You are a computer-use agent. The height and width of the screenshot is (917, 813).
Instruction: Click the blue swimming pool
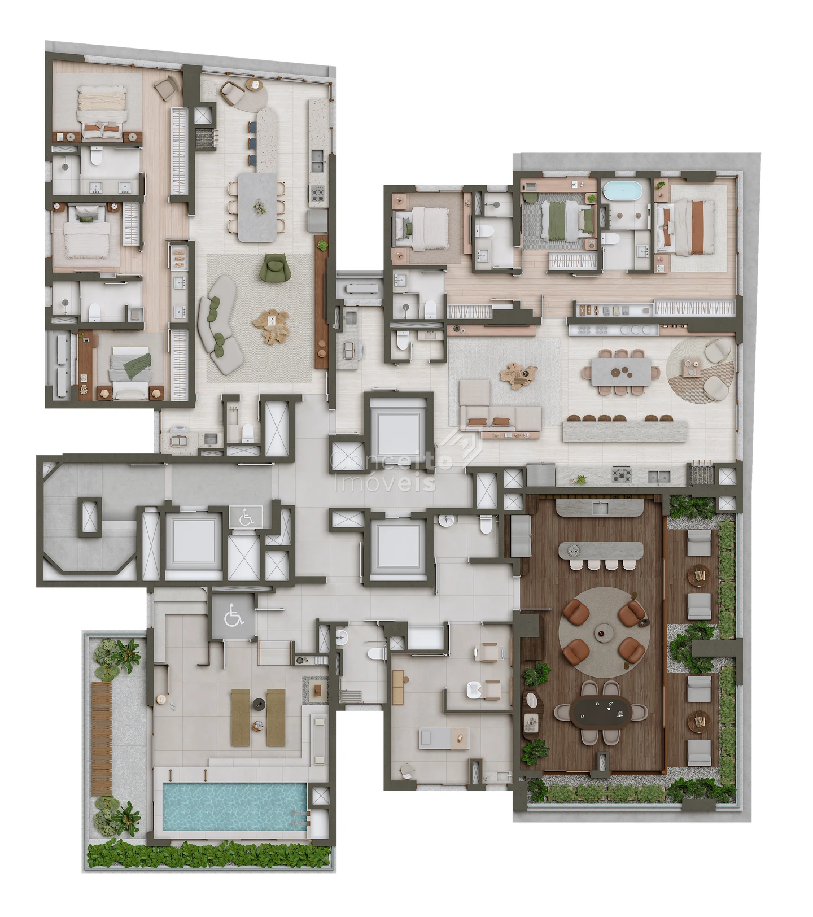[x=234, y=806]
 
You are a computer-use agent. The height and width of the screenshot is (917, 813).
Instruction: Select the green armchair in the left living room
[x=275, y=267]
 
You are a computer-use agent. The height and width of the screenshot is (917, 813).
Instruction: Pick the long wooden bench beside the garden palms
[x=102, y=739]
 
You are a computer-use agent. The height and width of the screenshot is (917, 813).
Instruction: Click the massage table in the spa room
[x=444, y=738]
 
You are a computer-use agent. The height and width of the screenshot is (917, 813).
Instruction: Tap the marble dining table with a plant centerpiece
[x=257, y=207]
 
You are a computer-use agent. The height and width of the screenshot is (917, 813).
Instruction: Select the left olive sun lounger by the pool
[x=241, y=717]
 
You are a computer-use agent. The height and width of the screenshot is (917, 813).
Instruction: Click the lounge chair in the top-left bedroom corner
[x=167, y=88]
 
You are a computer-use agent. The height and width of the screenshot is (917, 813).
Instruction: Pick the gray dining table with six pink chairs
[x=621, y=372]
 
